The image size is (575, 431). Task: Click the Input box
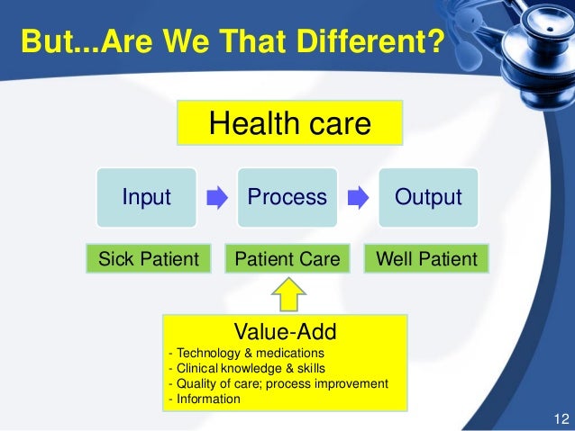[147, 197]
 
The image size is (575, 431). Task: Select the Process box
[287, 197]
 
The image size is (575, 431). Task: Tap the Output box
[427, 197]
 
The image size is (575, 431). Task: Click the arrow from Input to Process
[217, 197]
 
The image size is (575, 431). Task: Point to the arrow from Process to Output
[357, 197]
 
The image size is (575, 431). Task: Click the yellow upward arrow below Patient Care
[287, 292]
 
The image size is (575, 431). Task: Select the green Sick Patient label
[148, 259]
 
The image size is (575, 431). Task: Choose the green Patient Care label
[287, 259]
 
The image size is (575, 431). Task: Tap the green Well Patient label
[427, 259]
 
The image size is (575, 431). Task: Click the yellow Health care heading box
[289, 124]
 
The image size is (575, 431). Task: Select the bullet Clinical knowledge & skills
[247, 368]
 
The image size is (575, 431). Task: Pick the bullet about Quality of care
[278, 383]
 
